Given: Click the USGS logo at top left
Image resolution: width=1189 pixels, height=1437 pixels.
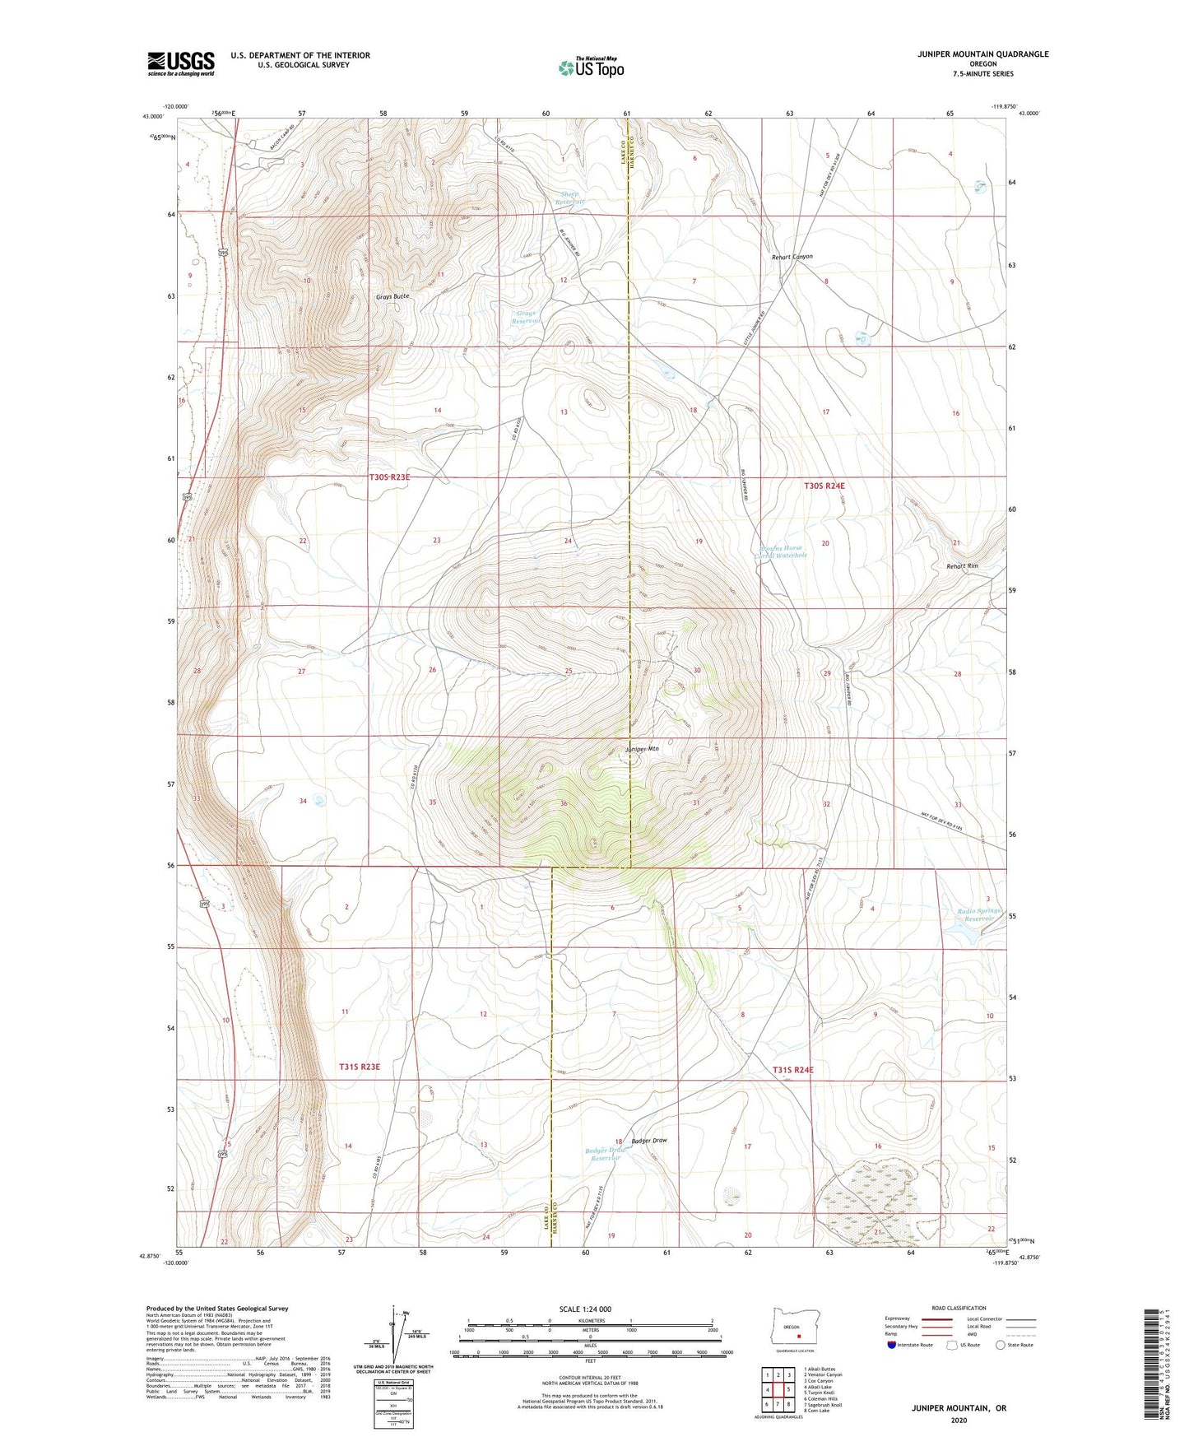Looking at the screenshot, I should point(180,63).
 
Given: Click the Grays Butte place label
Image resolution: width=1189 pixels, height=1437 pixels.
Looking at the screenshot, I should point(392,295).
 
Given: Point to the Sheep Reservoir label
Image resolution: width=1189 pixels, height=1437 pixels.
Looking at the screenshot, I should point(569,198).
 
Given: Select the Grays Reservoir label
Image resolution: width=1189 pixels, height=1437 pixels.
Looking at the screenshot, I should point(527,317).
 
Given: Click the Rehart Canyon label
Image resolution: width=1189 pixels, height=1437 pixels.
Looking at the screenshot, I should point(792,257).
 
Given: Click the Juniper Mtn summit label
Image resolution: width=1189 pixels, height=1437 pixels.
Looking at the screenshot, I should point(642,749).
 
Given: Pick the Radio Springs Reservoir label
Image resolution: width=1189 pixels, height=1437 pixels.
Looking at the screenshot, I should point(978,914).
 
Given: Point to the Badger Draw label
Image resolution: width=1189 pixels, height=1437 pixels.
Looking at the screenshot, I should point(649,1141).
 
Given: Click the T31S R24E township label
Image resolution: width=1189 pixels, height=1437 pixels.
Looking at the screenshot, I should point(792,1070).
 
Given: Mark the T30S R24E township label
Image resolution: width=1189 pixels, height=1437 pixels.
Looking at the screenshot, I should point(824,486).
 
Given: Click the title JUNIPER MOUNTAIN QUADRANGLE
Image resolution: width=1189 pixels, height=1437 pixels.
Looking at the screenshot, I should point(982,54).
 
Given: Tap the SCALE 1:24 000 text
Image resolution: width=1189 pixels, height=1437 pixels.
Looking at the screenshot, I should point(585,1309).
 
